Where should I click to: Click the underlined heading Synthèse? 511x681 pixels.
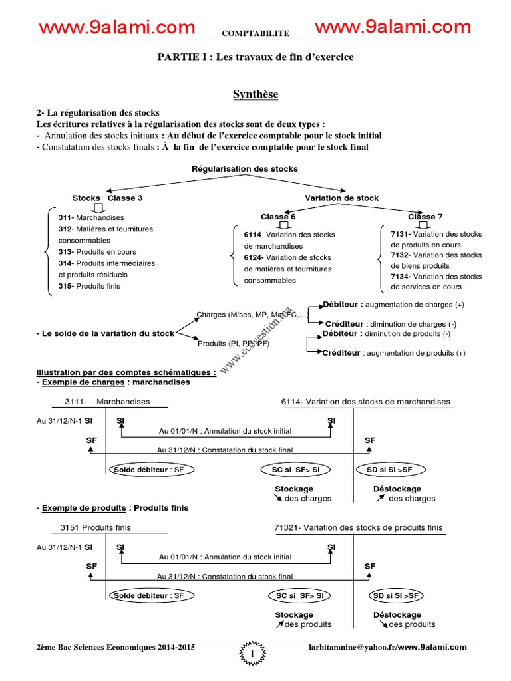tap(255, 94)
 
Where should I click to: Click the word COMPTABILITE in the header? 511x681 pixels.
tap(255, 32)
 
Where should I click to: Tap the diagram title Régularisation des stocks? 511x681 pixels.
tap(245, 169)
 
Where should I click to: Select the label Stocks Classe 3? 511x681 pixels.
tap(107, 198)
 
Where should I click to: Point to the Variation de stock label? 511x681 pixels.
tap(341, 198)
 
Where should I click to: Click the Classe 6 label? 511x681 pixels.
tap(278, 217)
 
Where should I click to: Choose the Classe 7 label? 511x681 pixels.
tap(426, 217)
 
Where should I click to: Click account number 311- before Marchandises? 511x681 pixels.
tap(67, 218)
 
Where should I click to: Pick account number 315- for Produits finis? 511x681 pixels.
tap(67, 287)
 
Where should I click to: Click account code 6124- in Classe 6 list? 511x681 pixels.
tap(254, 258)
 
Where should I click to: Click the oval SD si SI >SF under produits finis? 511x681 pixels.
tap(396, 595)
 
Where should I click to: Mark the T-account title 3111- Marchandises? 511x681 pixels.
tap(107, 402)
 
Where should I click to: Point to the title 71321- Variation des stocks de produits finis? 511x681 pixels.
tap(358, 528)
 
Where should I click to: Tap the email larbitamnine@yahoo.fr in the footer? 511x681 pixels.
tap(351, 647)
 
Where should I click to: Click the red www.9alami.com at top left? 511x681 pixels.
tap(117, 28)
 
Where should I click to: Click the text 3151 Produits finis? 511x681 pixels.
tap(96, 528)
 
